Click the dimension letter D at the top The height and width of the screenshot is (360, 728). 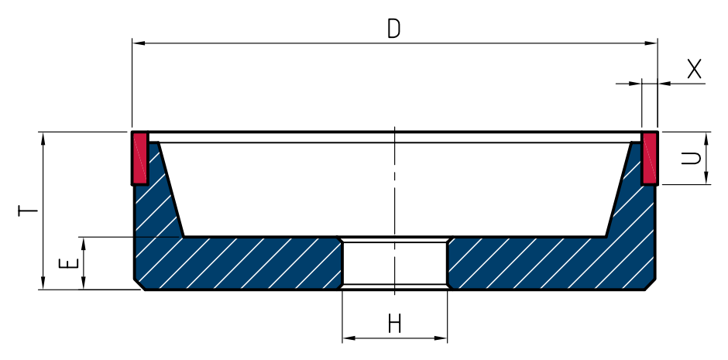pos(393,29)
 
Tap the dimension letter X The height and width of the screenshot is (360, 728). pos(694,69)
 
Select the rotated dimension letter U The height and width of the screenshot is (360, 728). pos(691,158)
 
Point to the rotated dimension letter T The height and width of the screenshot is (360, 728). pos(27,211)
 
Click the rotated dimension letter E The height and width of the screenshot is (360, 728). pos(68,263)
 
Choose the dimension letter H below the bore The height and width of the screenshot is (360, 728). pos(395,324)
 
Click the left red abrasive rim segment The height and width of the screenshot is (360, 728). pos(140,158)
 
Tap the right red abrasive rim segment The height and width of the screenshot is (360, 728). pos(650,158)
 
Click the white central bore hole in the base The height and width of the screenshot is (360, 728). pos(395,263)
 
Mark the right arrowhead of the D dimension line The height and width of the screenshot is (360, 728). pos(651,43)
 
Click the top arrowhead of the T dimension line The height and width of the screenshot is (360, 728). pos(43,139)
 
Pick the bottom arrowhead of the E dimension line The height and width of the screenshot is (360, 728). pos(84,283)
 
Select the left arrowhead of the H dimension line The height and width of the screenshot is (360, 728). pos(349,338)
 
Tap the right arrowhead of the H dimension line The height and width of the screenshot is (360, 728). pos(441,338)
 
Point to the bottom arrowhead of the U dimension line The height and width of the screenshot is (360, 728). pos(706,178)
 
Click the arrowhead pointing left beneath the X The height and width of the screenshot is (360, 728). pos(664,84)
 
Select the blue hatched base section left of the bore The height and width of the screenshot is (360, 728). pos(237,263)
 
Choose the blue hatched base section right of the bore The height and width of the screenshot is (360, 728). pos(552,263)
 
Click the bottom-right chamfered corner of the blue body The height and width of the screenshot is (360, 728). pos(651,285)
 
